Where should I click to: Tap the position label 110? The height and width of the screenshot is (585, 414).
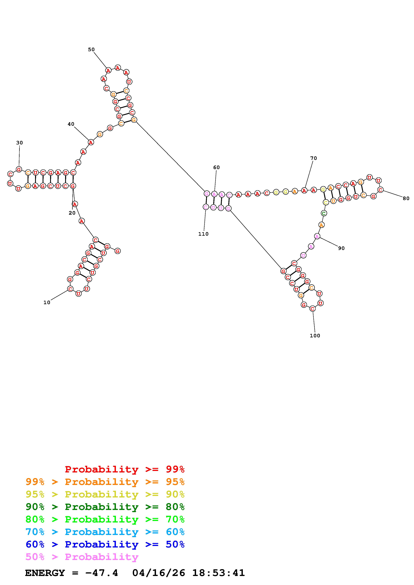coord(203,234)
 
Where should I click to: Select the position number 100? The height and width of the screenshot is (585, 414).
coord(315,336)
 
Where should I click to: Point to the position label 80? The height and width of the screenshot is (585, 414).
coord(406,198)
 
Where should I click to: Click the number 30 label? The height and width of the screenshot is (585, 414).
coord(19,143)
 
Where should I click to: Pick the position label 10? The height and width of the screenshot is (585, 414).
coord(47,303)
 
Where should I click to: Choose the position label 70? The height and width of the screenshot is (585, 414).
coord(313,158)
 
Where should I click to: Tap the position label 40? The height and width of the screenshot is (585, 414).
coord(71,124)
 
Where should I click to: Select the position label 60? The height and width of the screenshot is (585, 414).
coord(216,167)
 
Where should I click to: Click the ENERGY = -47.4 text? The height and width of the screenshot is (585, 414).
coord(71,573)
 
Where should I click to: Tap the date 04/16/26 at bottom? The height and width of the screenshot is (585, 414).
coord(159,573)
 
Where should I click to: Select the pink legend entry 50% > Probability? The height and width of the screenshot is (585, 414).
coord(82,557)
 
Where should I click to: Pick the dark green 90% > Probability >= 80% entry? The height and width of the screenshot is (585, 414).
coord(105,507)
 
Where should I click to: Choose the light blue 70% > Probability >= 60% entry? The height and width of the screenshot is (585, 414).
coord(105,532)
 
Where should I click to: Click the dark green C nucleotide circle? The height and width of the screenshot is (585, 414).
coord(324,213)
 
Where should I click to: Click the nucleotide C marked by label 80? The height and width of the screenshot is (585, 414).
coord(380,190)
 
